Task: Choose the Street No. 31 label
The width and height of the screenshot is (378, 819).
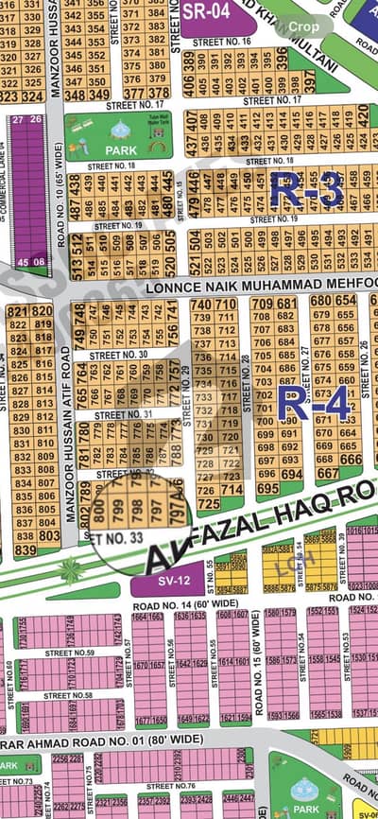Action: click(x=125, y=414)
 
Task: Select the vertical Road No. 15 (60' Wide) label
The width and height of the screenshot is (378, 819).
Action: click(x=256, y=662)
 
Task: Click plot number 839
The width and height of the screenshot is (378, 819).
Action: click(x=26, y=549)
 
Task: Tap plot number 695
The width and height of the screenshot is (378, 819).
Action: click(x=268, y=489)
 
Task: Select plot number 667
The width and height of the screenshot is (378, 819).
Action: click(x=328, y=473)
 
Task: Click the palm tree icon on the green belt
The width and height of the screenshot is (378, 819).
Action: click(x=70, y=570)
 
